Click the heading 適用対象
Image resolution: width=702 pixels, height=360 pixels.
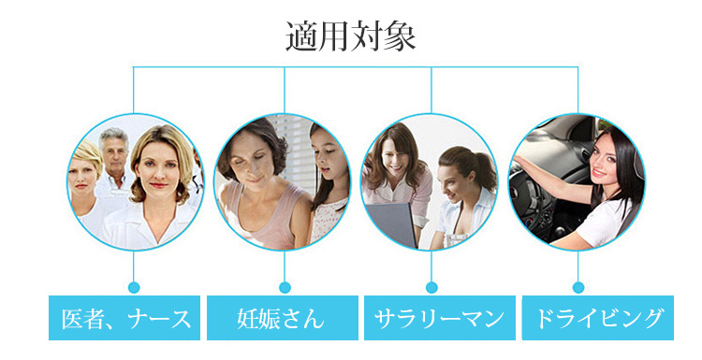tap(351, 36)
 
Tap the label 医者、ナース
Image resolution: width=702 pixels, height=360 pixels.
tap(124, 318)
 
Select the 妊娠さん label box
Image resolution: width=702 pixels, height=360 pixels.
tap(283, 318)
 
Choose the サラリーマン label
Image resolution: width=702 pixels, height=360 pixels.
tap(440, 318)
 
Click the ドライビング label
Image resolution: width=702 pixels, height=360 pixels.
tap(598, 318)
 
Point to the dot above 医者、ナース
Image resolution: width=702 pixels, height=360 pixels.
tap(134, 287)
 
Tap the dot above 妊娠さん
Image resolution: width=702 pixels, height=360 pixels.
tap(285, 287)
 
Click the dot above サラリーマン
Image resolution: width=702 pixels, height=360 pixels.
tap(431, 287)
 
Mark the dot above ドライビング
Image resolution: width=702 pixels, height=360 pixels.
tap(578, 287)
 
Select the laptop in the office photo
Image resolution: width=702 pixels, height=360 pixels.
tap(394, 225)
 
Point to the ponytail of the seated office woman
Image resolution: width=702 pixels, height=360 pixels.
tap(486, 169)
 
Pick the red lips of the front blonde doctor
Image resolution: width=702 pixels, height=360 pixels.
tap(157, 184)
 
